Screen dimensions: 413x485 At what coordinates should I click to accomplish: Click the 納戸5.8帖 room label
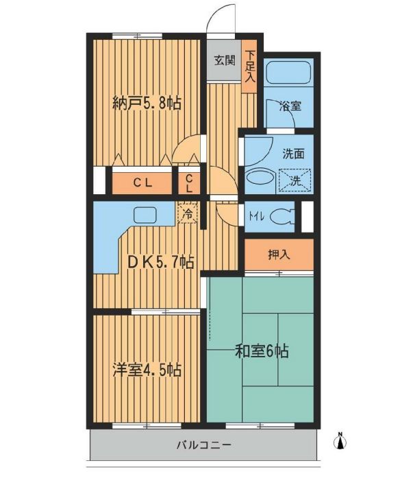(x=147, y=103)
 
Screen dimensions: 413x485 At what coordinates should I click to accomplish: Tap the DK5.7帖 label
(x=161, y=262)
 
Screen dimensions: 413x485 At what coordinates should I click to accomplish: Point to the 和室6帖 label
(x=262, y=351)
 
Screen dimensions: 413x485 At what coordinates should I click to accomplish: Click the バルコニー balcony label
(x=204, y=445)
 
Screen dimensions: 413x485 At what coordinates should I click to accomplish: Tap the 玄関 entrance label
(x=225, y=60)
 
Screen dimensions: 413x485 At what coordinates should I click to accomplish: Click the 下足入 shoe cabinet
(x=249, y=67)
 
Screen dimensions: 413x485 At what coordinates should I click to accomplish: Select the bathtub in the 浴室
(x=288, y=72)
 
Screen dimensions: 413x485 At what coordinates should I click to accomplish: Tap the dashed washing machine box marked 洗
(x=295, y=180)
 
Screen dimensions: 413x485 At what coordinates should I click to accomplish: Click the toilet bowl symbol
(x=281, y=217)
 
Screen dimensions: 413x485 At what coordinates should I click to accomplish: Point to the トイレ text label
(x=256, y=217)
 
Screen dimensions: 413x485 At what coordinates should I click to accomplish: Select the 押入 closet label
(x=279, y=255)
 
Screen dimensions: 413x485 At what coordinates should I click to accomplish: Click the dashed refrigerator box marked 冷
(x=187, y=213)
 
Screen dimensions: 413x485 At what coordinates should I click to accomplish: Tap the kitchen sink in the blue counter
(x=145, y=215)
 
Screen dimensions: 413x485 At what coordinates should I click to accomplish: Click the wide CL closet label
(x=142, y=183)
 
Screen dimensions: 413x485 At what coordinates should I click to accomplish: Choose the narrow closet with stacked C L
(x=189, y=183)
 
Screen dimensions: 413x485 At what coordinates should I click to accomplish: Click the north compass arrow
(x=340, y=442)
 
